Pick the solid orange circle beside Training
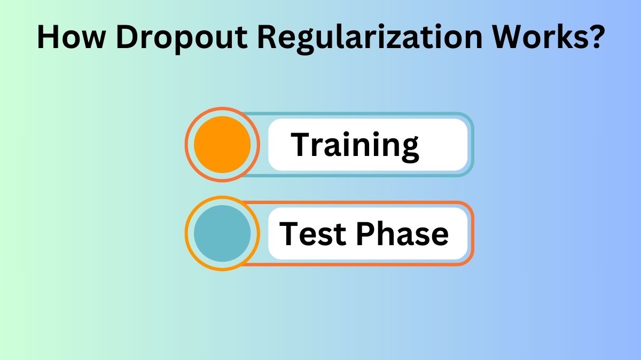click(x=222, y=144)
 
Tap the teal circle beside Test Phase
click(x=222, y=233)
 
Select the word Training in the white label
click(x=355, y=145)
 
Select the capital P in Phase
click(x=364, y=233)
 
